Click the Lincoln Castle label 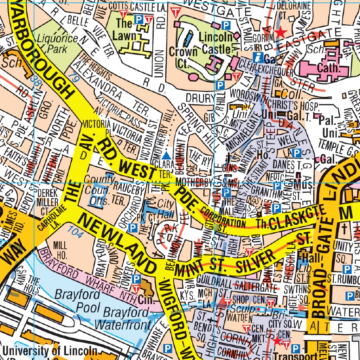tap(216, 43)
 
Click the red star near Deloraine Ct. tap(280, 33)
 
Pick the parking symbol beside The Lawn tap(139, 19)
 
